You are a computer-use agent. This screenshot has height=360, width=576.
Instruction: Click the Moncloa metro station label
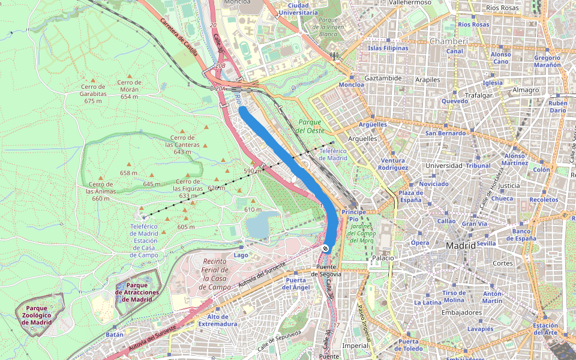click(352, 85)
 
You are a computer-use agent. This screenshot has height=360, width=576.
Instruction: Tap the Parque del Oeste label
click(309, 126)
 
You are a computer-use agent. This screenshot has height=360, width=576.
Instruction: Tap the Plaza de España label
click(411, 196)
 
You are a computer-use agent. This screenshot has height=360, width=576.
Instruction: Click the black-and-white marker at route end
click(325, 248)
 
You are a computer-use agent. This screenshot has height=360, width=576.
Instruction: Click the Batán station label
click(114, 334)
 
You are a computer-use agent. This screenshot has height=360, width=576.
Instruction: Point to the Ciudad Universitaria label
click(298, 8)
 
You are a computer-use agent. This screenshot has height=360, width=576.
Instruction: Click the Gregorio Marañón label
click(547, 61)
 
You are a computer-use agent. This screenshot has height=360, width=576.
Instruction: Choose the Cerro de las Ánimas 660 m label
click(101, 191)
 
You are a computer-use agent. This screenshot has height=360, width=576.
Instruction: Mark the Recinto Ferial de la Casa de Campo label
click(215, 274)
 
